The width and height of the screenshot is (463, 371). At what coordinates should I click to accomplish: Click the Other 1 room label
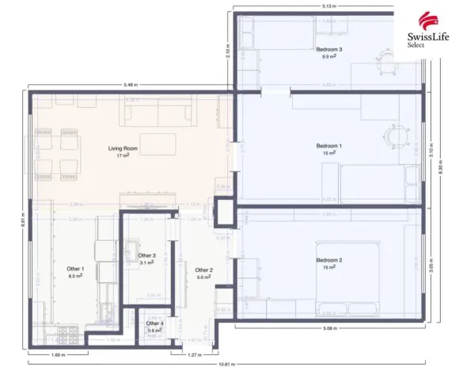click(x=76, y=272)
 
